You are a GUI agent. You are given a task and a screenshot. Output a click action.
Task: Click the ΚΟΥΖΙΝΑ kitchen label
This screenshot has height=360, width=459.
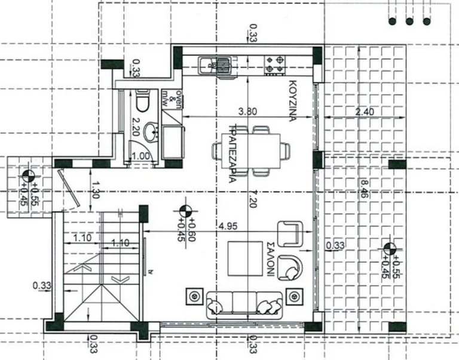click(293, 100)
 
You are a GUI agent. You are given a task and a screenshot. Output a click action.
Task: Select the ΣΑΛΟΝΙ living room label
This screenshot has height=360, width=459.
click(270, 259)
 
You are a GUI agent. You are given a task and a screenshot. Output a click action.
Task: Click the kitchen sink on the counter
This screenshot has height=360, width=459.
click(216, 63)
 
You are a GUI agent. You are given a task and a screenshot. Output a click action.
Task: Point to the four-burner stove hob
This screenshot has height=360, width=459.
click(276, 64)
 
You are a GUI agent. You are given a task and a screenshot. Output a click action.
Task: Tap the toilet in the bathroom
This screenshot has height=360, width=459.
click(142, 102)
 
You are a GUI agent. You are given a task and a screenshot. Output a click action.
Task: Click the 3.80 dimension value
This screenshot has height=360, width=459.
click(248, 111)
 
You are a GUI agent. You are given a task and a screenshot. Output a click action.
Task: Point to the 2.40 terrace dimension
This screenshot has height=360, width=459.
click(363, 111)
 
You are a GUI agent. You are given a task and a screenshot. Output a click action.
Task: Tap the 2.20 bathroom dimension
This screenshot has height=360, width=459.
click(134, 128)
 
